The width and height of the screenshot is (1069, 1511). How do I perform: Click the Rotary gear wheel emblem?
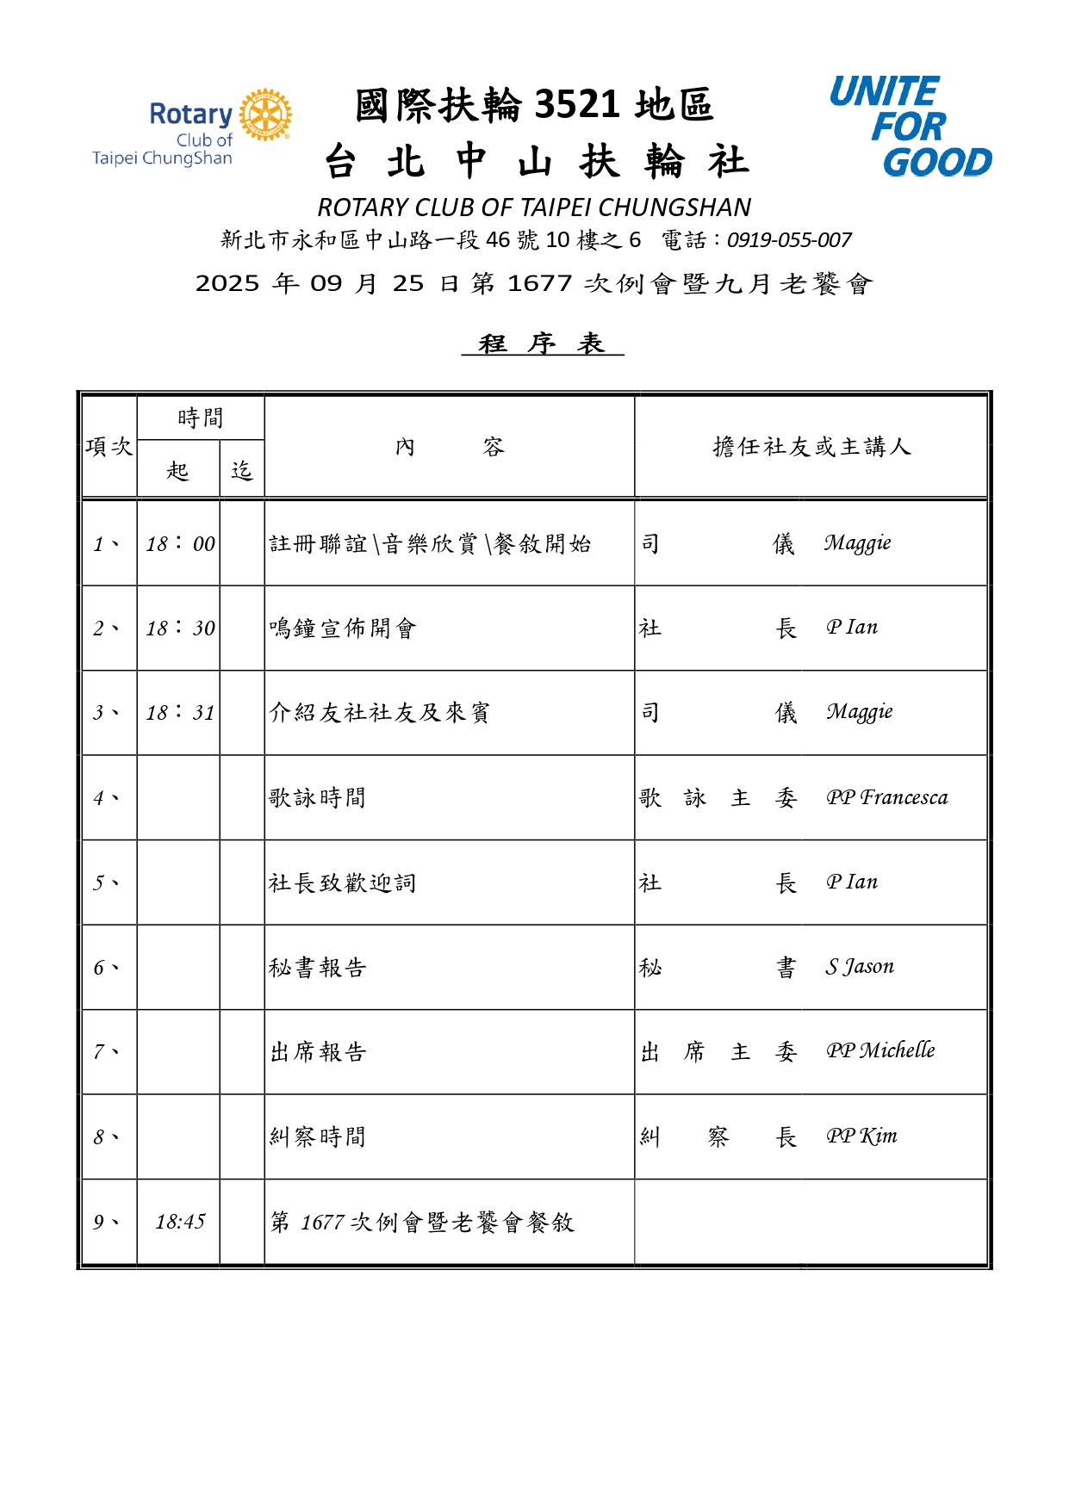coord(265,115)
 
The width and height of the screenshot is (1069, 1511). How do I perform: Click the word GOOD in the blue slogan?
coord(936,162)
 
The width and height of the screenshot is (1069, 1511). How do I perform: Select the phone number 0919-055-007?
coord(789,240)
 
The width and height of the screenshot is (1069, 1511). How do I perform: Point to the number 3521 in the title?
coord(576,105)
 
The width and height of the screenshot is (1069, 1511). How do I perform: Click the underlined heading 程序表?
coord(542,344)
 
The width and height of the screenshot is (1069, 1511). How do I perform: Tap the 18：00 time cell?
coord(180,543)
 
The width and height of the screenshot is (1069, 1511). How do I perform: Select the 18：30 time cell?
coord(180,628)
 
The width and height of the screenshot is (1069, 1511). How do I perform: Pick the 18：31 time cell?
coord(180,712)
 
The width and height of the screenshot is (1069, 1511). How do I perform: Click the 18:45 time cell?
coord(180,1222)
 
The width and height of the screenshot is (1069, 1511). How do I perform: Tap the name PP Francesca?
coord(886,797)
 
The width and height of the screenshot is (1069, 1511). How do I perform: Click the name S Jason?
coord(860,967)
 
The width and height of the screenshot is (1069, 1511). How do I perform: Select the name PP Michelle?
coord(880,1050)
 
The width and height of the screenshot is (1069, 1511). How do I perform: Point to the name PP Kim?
coord(861,1136)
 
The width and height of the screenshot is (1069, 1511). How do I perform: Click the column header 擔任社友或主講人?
coord(811,447)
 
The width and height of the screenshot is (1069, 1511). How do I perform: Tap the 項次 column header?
coord(109,447)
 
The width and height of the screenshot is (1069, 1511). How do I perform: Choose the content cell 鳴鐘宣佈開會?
coord(343,629)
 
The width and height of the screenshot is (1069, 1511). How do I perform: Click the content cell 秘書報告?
coord(318,968)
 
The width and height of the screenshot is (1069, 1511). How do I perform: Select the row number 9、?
coord(106,1222)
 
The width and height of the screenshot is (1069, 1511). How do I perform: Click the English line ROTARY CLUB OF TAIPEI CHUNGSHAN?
coord(534,207)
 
